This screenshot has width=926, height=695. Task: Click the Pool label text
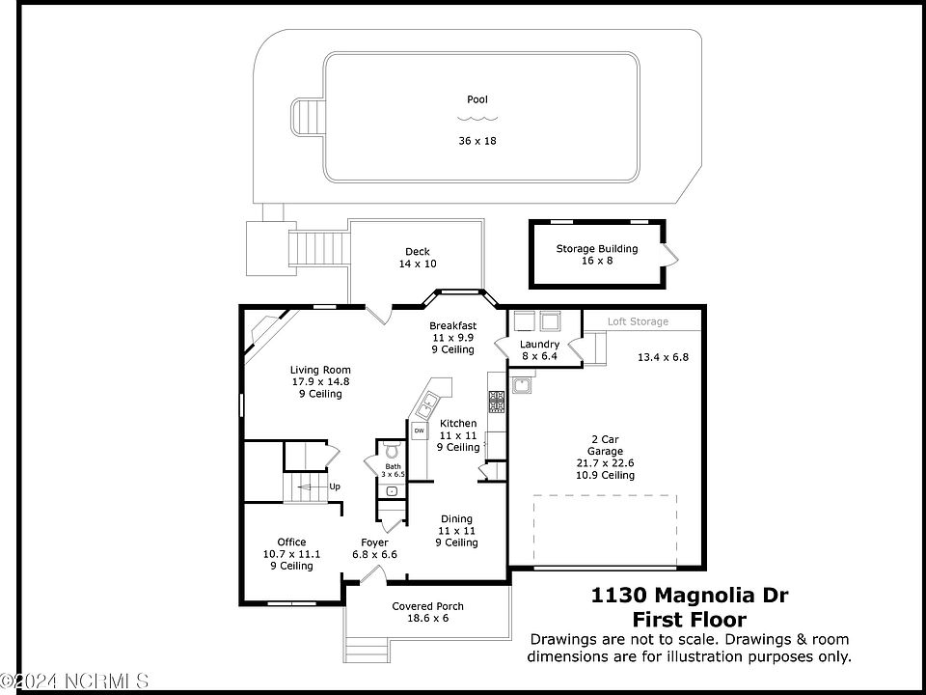click(x=477, y=99)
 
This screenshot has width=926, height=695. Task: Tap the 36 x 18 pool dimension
click(x=477, y=141)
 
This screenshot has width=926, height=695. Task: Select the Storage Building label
click(x=597, y=249)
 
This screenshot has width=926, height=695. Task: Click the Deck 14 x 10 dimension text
click(x=418, y=264)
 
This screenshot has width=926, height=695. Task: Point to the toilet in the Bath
click(x=393, y=451)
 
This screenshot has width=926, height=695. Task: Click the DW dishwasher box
click(x=419, y=431)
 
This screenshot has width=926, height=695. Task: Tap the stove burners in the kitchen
click(x=496, y=401)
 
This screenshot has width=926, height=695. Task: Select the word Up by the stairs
click(x=335, y=486)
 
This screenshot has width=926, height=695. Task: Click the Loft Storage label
click(x=638, y=321)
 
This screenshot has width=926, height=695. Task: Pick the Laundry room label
click(x=539, y=344)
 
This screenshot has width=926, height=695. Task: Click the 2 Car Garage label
click(x=606, y=445)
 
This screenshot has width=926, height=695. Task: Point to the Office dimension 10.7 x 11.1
click(x=291, y=554)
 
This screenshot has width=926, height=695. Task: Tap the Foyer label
click(x=374, y=542)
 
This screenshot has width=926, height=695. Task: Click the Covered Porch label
click(x=427, y=606)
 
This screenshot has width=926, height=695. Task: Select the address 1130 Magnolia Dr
click(x=689, y=595)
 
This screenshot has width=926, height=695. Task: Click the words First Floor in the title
click(x=689, y=620)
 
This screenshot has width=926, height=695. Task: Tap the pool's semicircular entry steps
click(x=308, y=117)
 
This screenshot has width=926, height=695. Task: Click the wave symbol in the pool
click(x=477, y=118)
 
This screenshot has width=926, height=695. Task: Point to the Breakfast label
click(x=453, y=325)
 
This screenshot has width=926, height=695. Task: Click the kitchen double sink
click(x=427, y=404)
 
